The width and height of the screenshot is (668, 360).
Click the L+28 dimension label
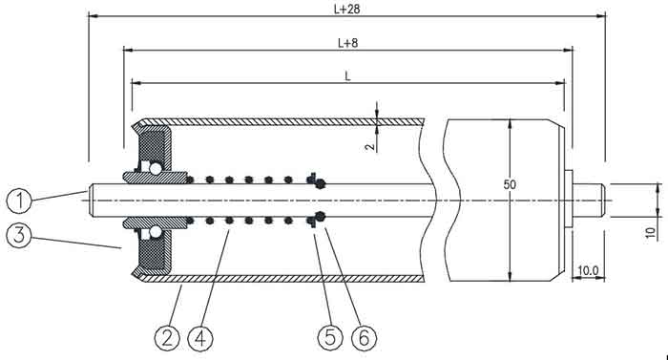point(346,9)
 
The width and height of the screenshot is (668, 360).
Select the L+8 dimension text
point(347,43)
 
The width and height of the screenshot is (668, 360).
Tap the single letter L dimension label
point(347,76)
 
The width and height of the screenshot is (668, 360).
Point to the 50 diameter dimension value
point(510,184)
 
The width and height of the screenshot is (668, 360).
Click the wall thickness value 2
point(370,146)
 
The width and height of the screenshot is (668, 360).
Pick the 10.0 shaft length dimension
point(588,270)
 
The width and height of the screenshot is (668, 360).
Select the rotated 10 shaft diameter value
point(650,232)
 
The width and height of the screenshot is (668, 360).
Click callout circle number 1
point(20,201)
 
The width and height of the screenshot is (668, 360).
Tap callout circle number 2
point(167,338)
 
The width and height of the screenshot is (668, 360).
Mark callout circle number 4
point(200,338)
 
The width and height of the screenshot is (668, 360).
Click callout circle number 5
point(330,338)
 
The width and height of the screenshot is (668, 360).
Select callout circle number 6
point(365,338)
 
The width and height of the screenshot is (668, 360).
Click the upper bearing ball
point(155,169)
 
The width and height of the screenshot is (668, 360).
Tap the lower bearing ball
point(155,232)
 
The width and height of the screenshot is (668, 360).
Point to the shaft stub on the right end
point(589,201)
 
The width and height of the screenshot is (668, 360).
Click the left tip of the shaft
point(89,201)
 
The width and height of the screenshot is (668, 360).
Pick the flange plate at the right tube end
point(569,201)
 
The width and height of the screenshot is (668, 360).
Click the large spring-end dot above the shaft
point(321,184)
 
